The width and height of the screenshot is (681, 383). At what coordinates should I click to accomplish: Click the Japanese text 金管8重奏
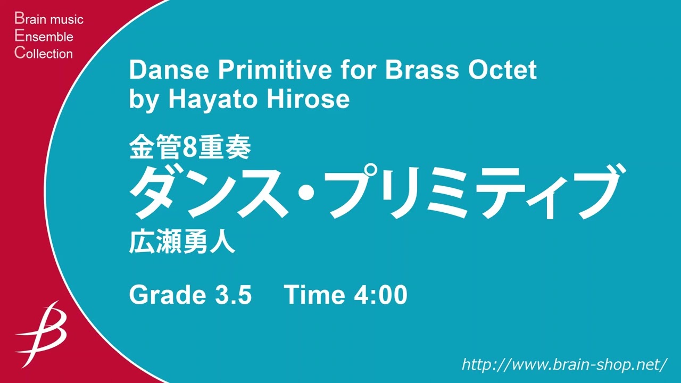click(x=189, y=149)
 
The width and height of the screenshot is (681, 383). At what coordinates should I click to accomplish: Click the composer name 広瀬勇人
click(x=182, y=244)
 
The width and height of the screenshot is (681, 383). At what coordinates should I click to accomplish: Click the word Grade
click(x=164, y=295)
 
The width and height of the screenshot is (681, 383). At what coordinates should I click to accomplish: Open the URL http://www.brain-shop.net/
click(x=564, y=364)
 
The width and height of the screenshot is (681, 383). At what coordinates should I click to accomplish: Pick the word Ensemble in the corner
click(x=44, y=37)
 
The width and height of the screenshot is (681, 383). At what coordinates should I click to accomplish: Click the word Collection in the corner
click(x=44, y=53)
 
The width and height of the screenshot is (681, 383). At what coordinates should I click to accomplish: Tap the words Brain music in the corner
click(x=49, y=20)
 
